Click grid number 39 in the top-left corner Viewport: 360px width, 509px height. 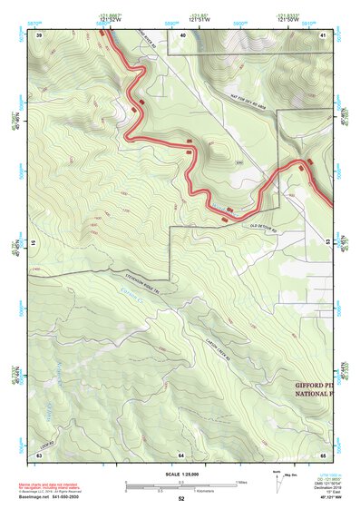pyautogui.click(x=40, y=35)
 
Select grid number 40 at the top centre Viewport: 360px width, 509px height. pyautogui.click(x=182, y=35)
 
